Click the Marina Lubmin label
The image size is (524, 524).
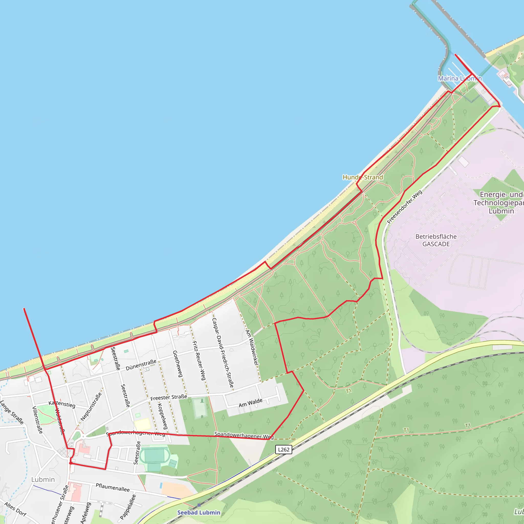pos(460,78)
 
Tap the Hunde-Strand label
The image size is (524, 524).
pos(363,177)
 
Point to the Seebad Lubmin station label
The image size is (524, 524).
pos(199,512)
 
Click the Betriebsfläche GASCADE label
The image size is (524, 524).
pos(436,240)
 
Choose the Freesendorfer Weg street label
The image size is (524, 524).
pos(405,207)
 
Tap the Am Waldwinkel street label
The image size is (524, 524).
pos(252,347)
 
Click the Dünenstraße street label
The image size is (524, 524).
pos(141,365)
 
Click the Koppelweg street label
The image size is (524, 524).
pos(163,416)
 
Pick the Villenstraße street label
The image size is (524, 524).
pos(37,420)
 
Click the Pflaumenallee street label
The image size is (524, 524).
pos(113,487)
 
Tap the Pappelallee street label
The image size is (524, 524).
pos(128,507)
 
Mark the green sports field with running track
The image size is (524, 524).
pos(154,456)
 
